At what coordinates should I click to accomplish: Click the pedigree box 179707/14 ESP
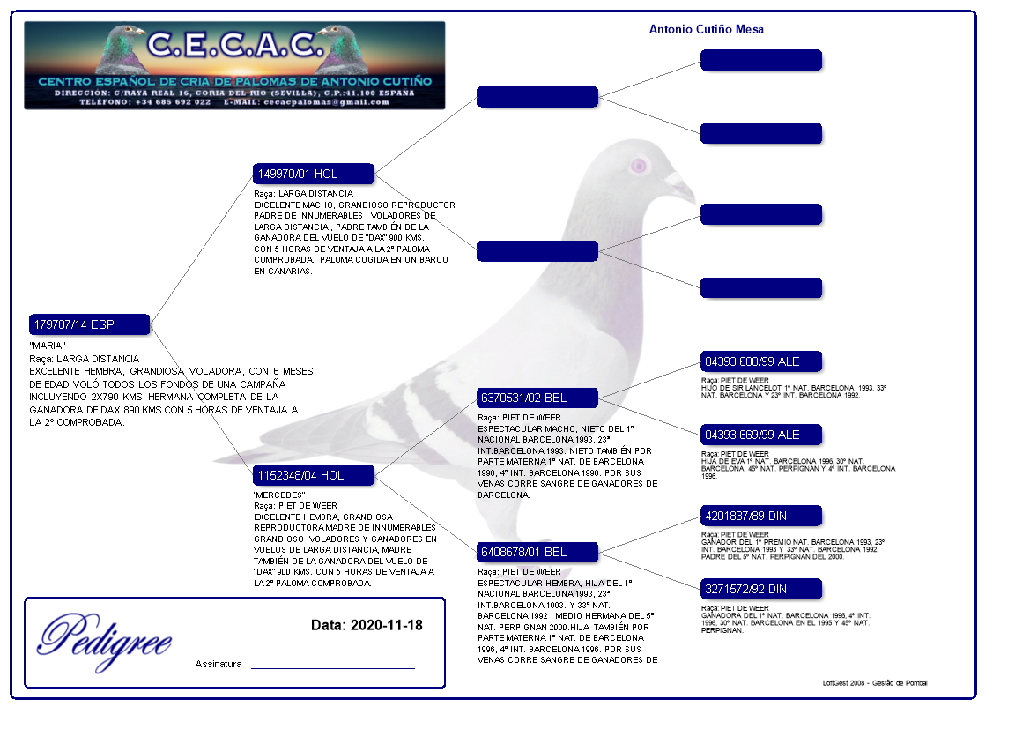coord(89,324)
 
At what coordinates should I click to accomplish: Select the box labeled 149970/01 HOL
coord(313,174)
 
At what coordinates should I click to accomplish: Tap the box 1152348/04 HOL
coord(313,475)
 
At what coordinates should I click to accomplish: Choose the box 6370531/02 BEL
coord(537,398)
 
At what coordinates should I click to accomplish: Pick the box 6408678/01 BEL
coord(537,552)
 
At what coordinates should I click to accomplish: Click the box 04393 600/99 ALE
coord(760,361)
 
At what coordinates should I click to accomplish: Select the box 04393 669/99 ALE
coord(760,435)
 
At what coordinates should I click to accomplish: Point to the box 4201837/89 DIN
coord(760,515)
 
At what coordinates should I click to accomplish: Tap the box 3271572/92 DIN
coord(760,589)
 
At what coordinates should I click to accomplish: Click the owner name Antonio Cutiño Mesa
coord(706,29)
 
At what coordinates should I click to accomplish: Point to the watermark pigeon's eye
coord(639,165)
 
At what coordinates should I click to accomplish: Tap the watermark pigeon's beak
coord(681,186)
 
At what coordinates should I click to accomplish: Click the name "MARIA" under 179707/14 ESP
coord(48,345)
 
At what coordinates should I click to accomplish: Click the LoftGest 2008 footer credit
coord(874,683)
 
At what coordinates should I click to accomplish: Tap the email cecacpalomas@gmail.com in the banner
coord(330,101)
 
